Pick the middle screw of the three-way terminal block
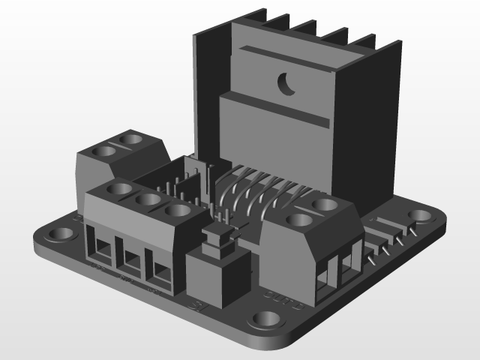[x=148, y=199]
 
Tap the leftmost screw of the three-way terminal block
[x=120, y=188]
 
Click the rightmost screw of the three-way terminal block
[x=178, y=211]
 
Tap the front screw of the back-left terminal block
[x=104, y=151]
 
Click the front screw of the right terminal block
[x=298, y=221]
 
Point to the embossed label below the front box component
[x=197, y=305]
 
